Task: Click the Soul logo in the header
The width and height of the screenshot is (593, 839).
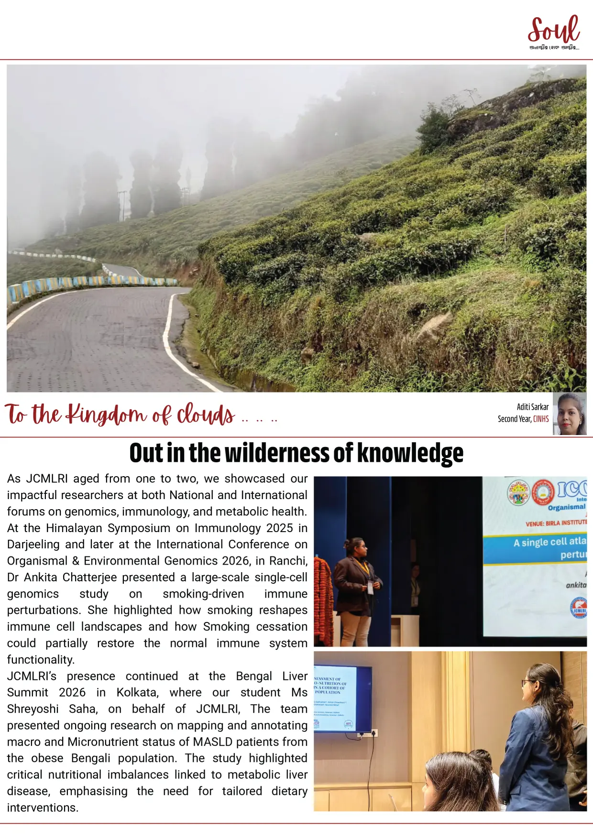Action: (554, 31)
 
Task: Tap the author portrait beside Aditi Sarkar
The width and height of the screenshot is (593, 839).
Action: (570, 414)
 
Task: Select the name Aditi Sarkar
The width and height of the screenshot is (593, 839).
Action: (532, 407)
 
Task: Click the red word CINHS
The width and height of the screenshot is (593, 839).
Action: (541, 419)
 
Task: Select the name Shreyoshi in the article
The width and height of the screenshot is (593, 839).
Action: (33, 709)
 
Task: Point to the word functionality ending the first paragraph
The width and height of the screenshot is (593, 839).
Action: (41, 660)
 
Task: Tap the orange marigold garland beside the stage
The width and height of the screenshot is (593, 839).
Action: (323, 600)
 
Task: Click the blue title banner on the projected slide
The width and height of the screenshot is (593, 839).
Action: (535, 549)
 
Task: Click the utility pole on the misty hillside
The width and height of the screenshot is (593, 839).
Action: (122, 205)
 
